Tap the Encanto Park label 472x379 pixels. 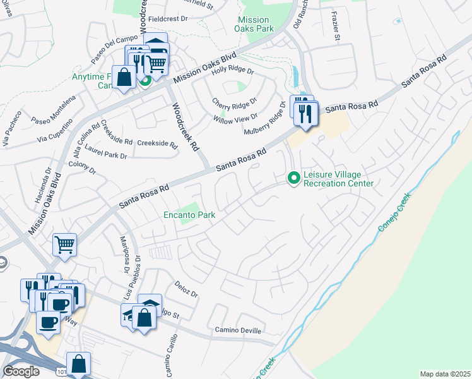click(x=189, y=215)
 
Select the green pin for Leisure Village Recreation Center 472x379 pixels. click(x=293, y=178)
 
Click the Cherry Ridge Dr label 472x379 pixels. click(x=234, y=102)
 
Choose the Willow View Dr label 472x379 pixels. click(x=235, y=117)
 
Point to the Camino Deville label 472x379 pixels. click(x=237, y=330)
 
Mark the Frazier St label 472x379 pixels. click(x=334, y=30)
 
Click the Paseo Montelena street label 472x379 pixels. click(x=53, y=111)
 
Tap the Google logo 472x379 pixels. click(x=21, y=371)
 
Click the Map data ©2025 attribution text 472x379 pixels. click(x=444, y=374)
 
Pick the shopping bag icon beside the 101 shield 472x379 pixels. click(x=79, y=364)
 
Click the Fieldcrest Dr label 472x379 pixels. click(x=167, y=19)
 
